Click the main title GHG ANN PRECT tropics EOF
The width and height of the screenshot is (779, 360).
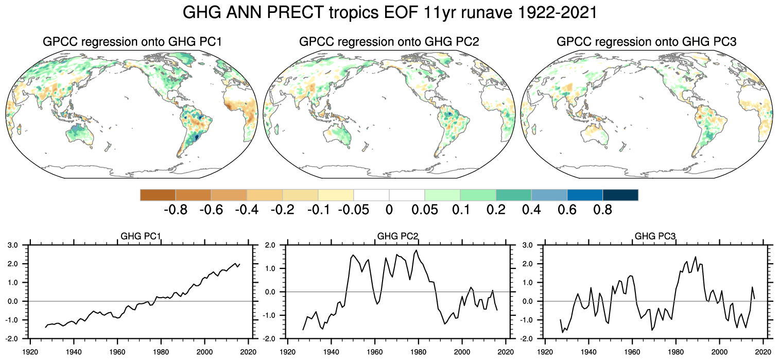[x=390, y=13]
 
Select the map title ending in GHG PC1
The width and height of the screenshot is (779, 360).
[x=132, y=42]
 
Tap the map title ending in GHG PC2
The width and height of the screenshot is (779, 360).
[x=389, y=42]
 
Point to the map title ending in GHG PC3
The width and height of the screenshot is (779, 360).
[x=647, y=42]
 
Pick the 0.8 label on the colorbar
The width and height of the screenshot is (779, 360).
[x=602, y=210]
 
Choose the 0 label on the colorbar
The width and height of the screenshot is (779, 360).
[x=389, y=210]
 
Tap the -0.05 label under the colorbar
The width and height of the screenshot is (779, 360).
[x=353, y=210]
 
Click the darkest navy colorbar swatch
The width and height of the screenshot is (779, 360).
[x=620, y=195]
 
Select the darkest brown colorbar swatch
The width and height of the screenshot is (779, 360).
[x=158, y=195]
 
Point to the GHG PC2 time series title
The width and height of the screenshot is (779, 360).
[x=397, y=237]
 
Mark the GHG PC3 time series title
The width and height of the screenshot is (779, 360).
[x=655, y=237]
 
